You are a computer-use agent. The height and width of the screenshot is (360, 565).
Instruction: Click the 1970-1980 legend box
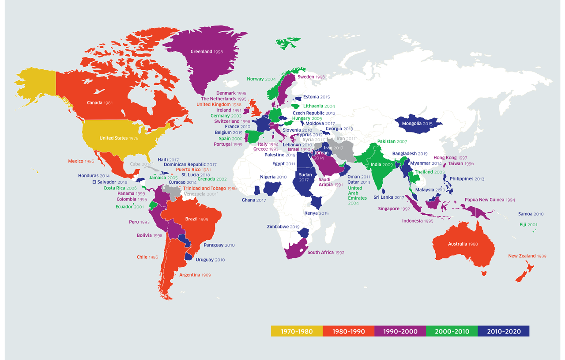tap(297, 331)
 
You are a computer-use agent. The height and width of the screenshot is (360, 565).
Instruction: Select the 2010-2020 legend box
tap(503, 331)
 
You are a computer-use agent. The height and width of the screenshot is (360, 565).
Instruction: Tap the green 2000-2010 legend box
tap(452, 331)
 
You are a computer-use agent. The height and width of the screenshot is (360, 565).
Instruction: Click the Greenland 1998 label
tap(207, 52)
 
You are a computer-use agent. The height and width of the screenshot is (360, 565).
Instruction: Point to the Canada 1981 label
tap(100, 103)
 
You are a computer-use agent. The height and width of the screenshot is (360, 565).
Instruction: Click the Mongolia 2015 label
tap(417, 124)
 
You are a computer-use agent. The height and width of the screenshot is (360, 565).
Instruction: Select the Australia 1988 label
tap(463, 244)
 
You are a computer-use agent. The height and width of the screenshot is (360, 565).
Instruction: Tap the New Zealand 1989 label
tap(527, 256)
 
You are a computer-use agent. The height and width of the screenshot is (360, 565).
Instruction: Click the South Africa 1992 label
tap(326, 253)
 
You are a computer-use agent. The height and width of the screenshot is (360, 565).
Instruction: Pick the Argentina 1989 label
tap(195, 275)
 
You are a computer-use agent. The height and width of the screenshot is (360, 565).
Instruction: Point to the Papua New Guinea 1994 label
tap(490, 200)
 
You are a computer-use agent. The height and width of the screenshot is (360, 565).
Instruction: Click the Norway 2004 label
tap(261, 79)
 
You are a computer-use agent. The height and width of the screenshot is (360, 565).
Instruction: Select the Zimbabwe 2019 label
tap(283, 227)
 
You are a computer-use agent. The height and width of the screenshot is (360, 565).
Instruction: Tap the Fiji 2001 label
tap(528, 224)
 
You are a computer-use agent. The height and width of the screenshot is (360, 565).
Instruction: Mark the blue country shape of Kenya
tap(316, 203)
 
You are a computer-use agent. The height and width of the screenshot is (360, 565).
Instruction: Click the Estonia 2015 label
tap(316, 97)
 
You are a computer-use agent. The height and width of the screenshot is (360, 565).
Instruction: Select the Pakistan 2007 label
tap(392, 141)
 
